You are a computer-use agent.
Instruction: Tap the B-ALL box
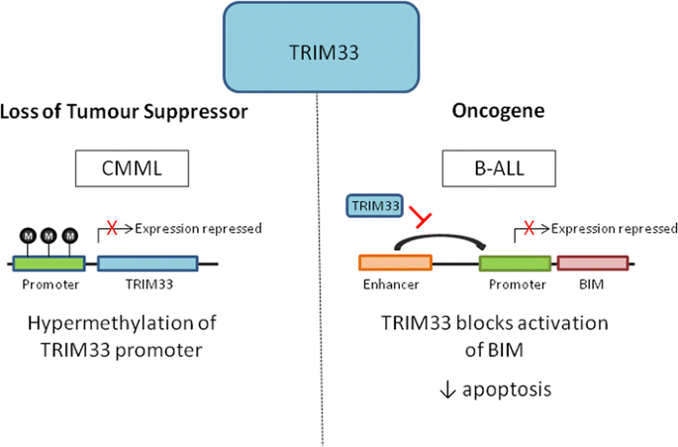(499, 170)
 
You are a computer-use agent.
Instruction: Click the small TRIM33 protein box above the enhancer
(374, 205)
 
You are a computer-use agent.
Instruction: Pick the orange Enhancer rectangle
(394, 263)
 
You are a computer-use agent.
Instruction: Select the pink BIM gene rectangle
(592, 263)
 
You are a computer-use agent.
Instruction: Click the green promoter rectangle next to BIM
(515, 263)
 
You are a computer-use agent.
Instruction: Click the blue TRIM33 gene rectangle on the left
(147, 264)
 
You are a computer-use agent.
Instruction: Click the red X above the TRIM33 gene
(113, 229)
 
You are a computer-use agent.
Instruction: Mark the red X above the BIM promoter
(529, 229)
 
